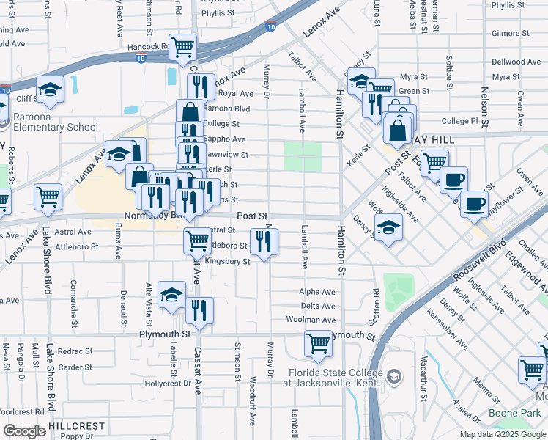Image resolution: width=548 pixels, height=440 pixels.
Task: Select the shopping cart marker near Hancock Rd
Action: (182, 47)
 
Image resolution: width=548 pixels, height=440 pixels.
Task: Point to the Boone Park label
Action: (505, 414)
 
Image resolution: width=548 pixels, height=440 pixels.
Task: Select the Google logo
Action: (24, 431)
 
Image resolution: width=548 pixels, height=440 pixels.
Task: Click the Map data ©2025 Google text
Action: (502, 434)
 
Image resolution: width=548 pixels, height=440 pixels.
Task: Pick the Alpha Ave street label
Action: (317, 291)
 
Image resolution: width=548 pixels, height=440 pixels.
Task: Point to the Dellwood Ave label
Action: (516, 62)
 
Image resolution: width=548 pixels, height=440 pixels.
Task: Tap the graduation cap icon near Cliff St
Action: (50, 90)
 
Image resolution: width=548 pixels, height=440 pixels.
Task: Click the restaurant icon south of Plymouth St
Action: (199, 311)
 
